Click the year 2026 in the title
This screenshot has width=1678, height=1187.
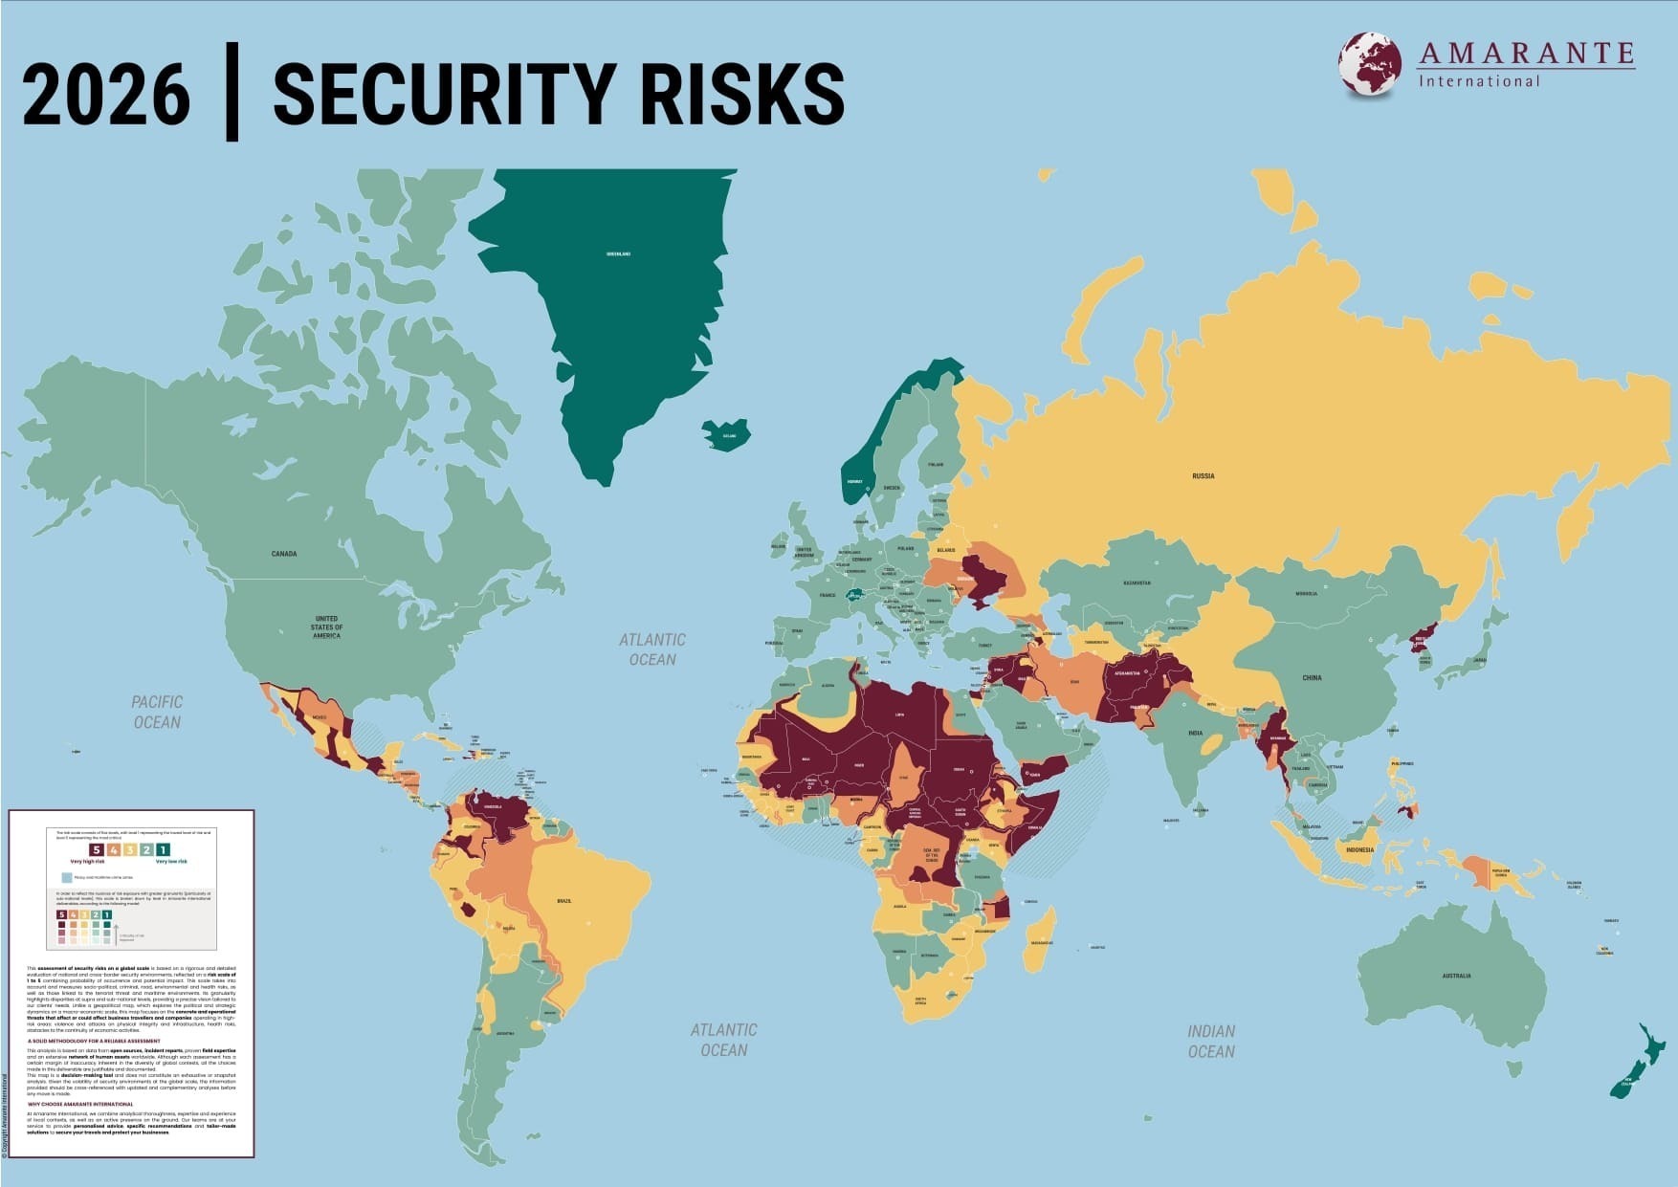pyautogui.click(x=106, y=94)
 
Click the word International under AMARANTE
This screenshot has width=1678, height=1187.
pyautogui.click(x=1479, y=81)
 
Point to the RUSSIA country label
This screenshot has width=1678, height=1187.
pyautogui.click(x=1203, y=475)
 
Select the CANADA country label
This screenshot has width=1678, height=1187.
pyautogui.click(x=284, y=554)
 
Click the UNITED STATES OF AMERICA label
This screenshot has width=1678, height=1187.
pyautogui.click(x=326, y=627)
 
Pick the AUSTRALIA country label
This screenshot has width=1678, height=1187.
pyautogui.click(x=1456, y=976)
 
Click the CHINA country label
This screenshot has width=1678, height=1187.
pyautogui.click(x=1312, y=677)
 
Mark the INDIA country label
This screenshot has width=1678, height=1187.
pyautogui.click(x=1195, y=733)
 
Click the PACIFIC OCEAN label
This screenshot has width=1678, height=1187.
pyautogui.click(x=157, y=713)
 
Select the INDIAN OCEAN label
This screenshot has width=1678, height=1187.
pyautogui.click(x=1211, y=1041)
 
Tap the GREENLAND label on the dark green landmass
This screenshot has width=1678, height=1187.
pyautogui.click(x=618, y=254)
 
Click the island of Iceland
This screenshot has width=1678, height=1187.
pyautogui.click(x=726, y=435)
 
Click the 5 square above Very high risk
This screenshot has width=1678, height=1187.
pyautogui.click(x=96, y=849)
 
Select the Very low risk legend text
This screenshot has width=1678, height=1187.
pyautogui.click(x=172, y=862)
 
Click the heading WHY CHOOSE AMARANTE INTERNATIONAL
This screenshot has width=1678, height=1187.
pyautogui.click(x=80, y=1104)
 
